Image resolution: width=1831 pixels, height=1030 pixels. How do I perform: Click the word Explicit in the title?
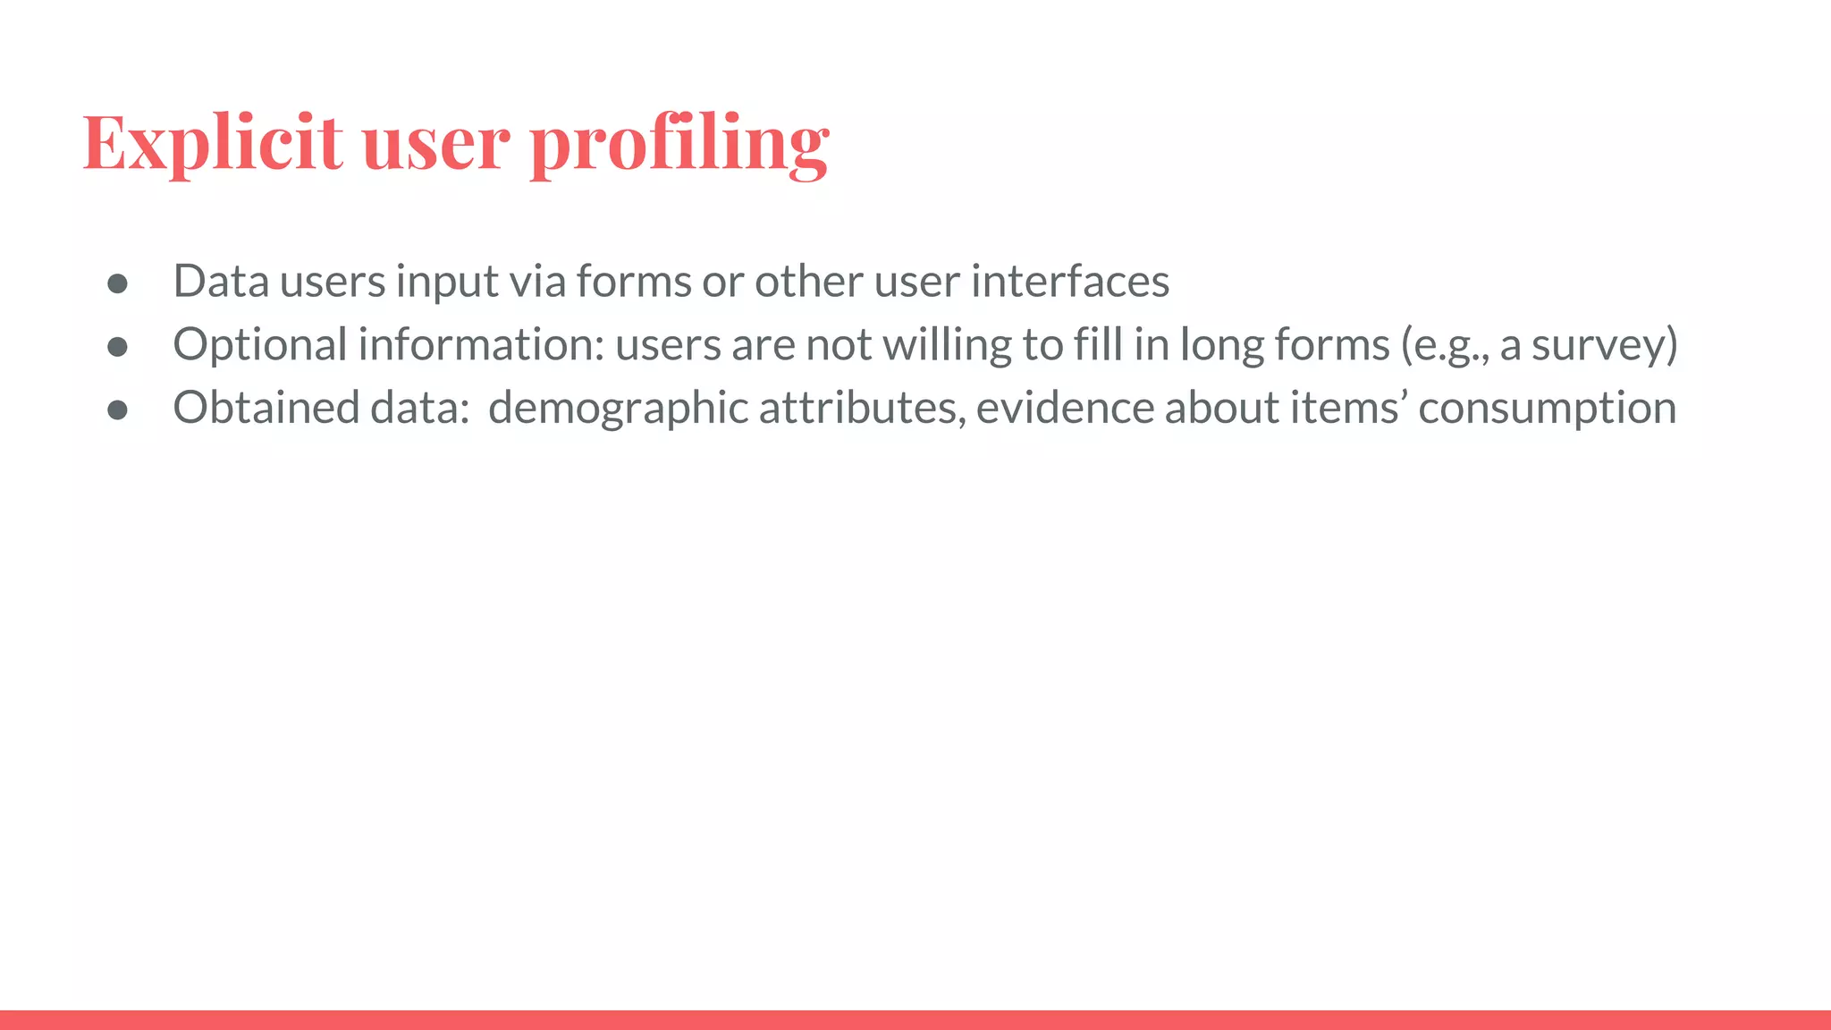click(x=212, y=143)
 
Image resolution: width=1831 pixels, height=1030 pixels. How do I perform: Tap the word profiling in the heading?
click(x=679, y=143)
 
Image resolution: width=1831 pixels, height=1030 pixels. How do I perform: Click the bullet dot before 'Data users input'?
click(x=117, y=284)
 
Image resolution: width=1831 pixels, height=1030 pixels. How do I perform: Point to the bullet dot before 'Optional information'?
click(x=117, y=347)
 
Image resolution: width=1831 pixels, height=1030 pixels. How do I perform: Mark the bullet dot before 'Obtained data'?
click(x=117, y=410)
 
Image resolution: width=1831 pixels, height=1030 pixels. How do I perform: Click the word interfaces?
click(x=1070, y=282)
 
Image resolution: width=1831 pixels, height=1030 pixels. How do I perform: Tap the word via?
click(x=537, y=282)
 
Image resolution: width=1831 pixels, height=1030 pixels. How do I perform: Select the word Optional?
click(x=259, y=345)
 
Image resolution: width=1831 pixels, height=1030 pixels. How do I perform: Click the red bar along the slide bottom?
click(x=915, y=1020)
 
